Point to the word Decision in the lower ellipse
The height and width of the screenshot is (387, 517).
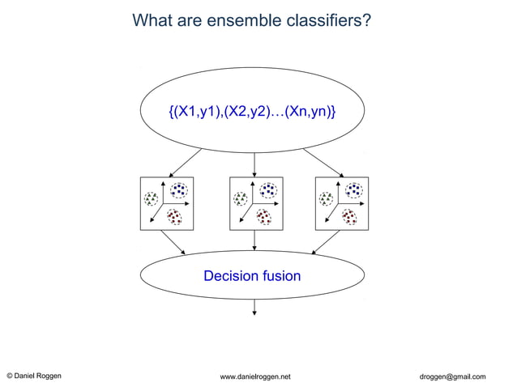pos(229,276)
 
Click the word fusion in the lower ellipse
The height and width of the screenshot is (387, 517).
pos(280,276)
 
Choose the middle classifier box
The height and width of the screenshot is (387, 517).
pos(256,204)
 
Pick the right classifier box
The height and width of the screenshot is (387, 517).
pos(341,204)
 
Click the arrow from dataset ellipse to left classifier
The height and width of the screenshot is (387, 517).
pos(186,162)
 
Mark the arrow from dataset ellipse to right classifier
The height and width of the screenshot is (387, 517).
pos(324,162)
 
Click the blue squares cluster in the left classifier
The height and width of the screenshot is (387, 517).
pos(178,190)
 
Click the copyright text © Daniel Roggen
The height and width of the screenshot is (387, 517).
pos(33,376)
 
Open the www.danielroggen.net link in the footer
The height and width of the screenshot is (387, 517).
pos(255,376)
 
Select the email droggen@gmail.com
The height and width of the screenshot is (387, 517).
pos(452,376)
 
